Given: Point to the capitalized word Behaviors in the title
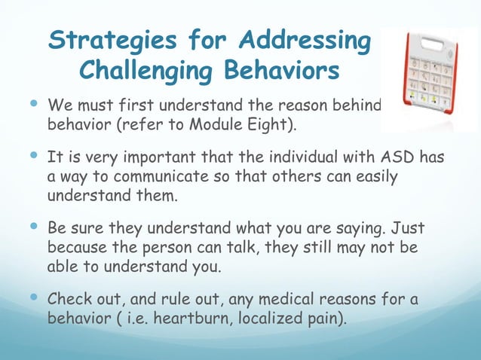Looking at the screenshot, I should [x=281, y=72].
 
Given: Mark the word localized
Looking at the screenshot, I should [x=272, y=318].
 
